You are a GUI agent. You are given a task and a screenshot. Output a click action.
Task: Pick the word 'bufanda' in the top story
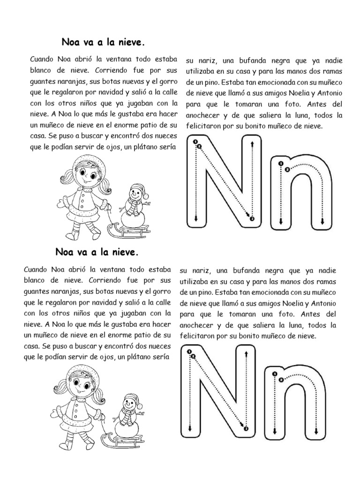click(x=249, y=60)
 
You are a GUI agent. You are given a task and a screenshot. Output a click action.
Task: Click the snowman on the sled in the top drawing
click(x=135, y=206)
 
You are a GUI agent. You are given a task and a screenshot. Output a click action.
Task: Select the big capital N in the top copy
click(x=224, y=180)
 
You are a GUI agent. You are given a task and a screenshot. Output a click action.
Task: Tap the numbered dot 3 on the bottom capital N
click(x=246, y=428)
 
